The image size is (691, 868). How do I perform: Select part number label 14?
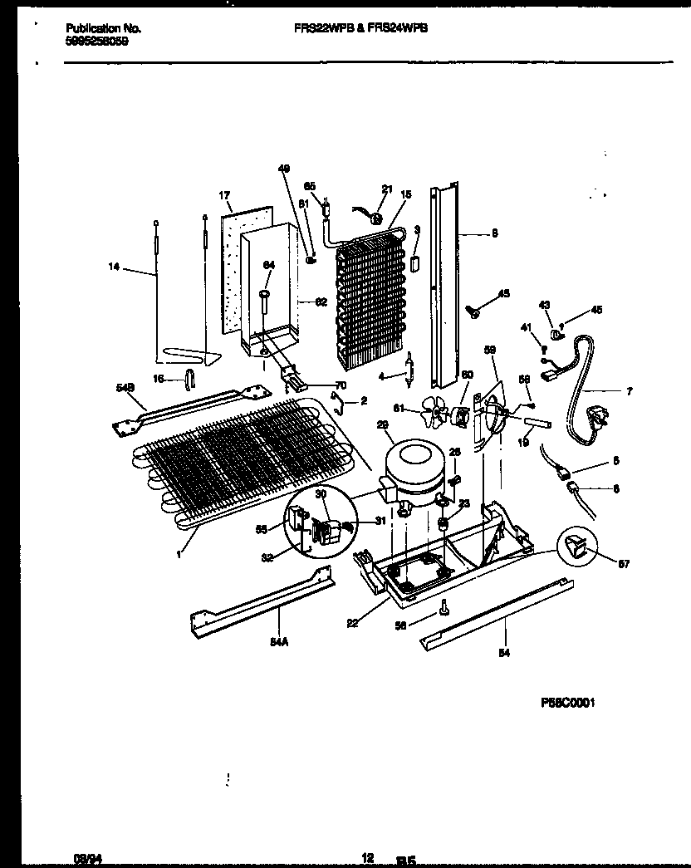(x=114, y=267)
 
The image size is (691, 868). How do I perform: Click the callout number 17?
(x=223, y=196)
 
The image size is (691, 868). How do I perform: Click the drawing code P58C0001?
(x=569, y=702)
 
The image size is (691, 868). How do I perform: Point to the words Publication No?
(x=103, y=27)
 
